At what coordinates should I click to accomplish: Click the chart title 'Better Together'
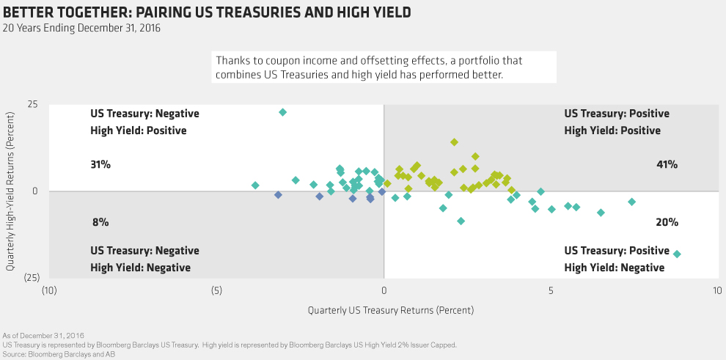(207, 12)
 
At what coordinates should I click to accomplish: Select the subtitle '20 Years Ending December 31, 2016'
(81, 29)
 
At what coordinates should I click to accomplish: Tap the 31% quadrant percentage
(100, 165)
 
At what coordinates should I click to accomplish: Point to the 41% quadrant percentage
(667, 165)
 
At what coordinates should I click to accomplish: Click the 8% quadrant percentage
(100, 221)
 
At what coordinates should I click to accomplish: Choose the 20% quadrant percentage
(667, 221)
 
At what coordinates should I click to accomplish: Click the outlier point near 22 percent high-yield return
(282, 112)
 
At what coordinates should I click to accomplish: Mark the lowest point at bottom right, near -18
(677, 254)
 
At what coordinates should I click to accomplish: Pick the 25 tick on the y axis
(32, 105)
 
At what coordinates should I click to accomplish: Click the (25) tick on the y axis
(30, 277)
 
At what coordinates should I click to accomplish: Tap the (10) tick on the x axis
(49, 290)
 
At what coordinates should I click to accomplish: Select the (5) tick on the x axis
(216, 290)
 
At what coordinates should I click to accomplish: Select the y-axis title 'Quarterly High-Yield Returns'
(12, 191)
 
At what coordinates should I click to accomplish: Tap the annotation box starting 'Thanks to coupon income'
(384, 67)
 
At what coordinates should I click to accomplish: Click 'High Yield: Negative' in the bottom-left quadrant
(140, 268)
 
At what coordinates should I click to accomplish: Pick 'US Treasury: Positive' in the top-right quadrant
(617, 114)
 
